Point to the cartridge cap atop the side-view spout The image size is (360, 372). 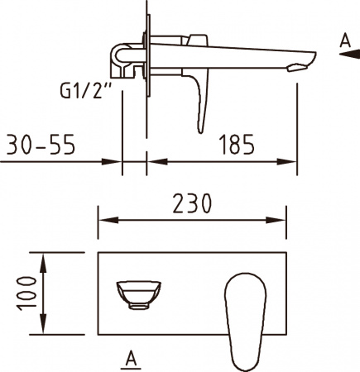pos(196,39)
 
